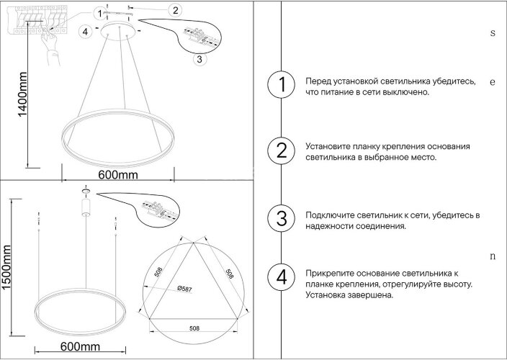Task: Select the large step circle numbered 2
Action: click(281, 150)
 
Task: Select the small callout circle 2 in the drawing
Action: click(176, 10)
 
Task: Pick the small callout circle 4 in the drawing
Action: click(85, 31)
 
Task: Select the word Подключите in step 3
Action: click(331, 215)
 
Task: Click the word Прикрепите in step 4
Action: click(332, 274)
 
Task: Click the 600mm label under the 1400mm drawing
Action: click(117, 174)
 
